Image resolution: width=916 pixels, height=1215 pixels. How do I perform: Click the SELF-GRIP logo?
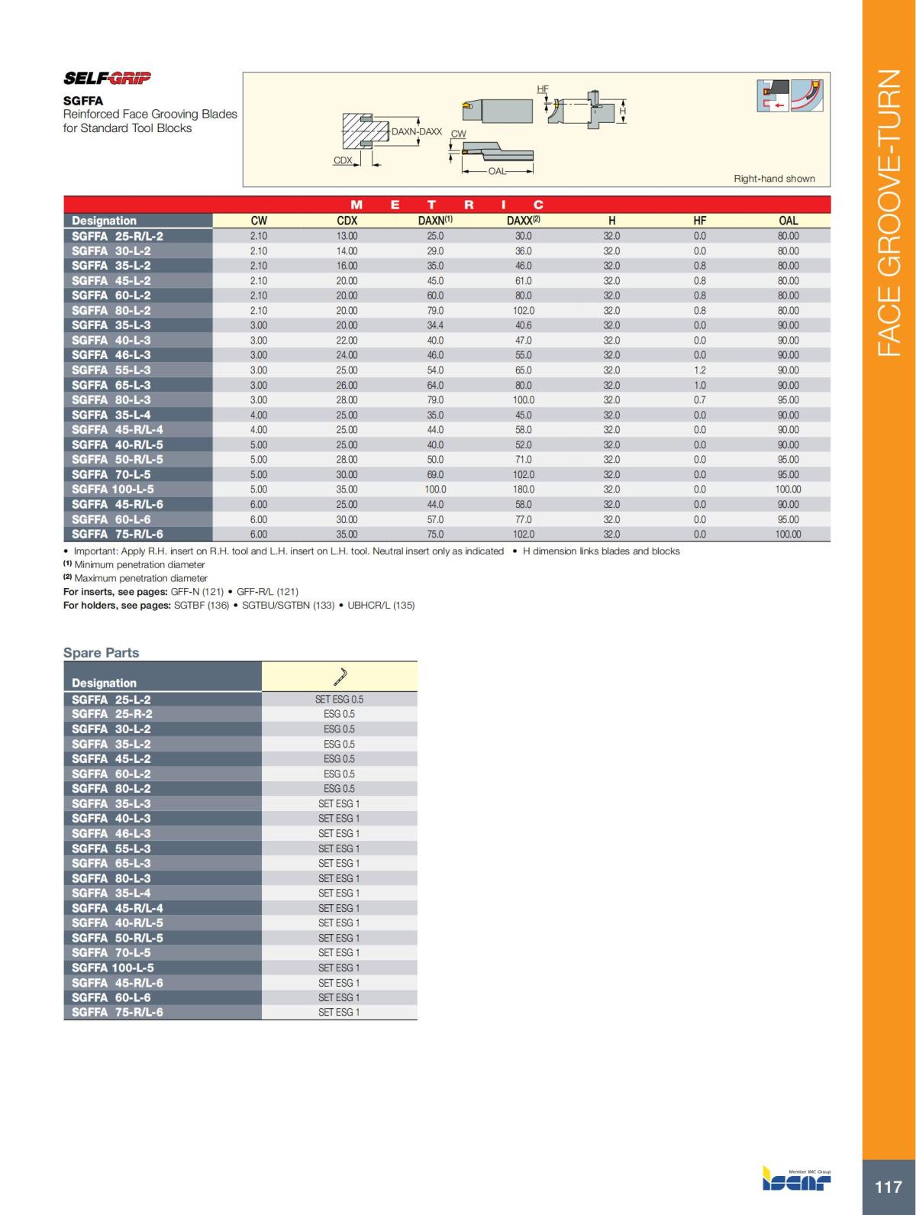tap(107, 78)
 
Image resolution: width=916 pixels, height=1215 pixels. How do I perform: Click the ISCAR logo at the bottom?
tap(797, 1180)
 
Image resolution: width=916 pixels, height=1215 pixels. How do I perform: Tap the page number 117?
tap(889, 1187)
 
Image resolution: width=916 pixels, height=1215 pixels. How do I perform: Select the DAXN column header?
tap(435, 221)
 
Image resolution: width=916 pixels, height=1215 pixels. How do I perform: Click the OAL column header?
tap(788, 221)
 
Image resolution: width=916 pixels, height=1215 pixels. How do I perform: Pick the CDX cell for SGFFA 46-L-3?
tap(347, 355)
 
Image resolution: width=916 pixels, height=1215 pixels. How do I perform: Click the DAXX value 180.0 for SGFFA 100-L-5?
tap(524, 490)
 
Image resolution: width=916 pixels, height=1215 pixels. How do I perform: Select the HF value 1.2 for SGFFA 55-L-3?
tap(700, 370)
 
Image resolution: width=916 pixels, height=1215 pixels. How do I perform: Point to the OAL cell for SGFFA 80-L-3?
tap(788, 400)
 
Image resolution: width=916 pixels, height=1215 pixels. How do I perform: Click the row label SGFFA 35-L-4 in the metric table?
tap(111, 415)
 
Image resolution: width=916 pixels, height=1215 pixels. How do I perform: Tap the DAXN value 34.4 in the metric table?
tap(435, 325)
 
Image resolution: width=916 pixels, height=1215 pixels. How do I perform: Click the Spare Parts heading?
tap(101, 653)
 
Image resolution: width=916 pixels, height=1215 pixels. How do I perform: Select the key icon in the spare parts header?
tap(340, 677)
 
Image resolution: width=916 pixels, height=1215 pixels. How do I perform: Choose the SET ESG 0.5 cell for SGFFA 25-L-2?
tap(339, 700)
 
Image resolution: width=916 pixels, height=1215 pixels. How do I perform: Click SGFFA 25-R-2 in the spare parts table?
tap(111, 714)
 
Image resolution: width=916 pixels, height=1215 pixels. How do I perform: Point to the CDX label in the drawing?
tap(343, 160)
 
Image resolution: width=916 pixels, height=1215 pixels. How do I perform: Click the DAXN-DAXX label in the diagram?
tap(416, 131)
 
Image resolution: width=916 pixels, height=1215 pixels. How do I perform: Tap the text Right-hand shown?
tap(774, 179)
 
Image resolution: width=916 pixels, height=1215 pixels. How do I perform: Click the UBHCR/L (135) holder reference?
tap(381, 606)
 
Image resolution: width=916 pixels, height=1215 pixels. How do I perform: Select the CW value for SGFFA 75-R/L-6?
tap(259, 535)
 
